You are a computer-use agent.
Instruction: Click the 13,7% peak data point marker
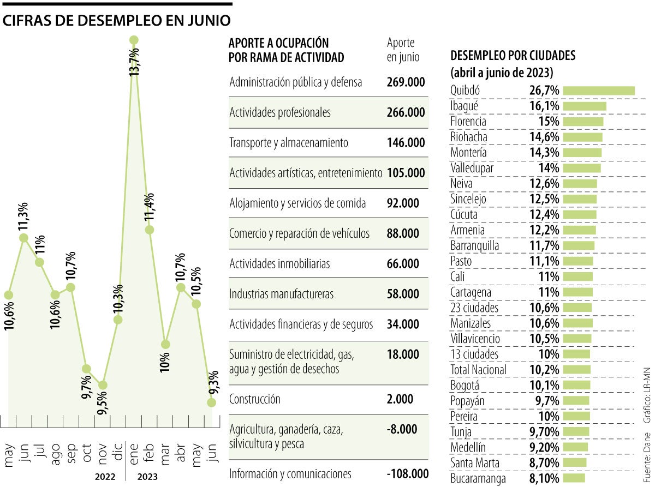pyautogui.click(x=134, y=40)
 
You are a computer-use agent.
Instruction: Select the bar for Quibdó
pyautogui.click(x=598, y=91)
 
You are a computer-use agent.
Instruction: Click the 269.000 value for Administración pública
pyautogui.click(x=406, y=82)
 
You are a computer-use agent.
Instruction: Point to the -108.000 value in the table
pyautogui.click(x=408, y=473)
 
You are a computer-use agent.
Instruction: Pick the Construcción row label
pyautogui.click(x=255, y=399)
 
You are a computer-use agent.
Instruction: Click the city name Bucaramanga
pyautogui.click(x=478, y=479)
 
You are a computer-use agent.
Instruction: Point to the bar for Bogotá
pyautogui.click(x=576, y=386)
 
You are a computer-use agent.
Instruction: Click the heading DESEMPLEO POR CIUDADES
pyautogui.click(x=513, y=56)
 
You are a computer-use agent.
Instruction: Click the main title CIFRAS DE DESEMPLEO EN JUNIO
pyautogui.click(x=117, y=20)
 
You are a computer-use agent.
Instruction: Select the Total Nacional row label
pyautogui.click(x=479, y=370)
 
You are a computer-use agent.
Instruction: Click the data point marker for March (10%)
pyautogui.click(x=165, y=345)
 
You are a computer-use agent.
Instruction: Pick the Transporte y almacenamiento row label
pyautogui.click(x=289, y=143)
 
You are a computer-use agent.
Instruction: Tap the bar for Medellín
pyautogui.click(x=575, y=448)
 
